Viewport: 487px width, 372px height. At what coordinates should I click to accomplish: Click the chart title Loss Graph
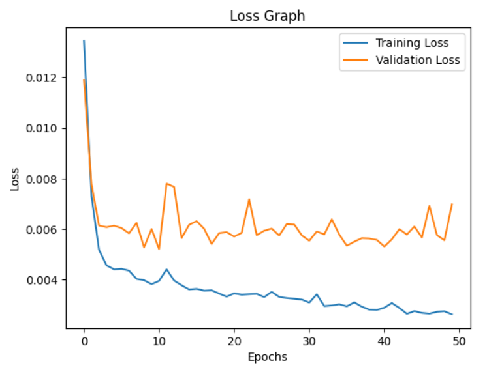tap(268, 16)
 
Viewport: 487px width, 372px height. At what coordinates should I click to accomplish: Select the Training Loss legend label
tap(412, 44)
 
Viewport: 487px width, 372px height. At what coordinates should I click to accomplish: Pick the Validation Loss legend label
tap(418, 61)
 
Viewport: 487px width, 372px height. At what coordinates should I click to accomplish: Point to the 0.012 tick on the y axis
tap(42, 78)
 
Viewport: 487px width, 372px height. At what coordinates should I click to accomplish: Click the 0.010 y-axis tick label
tap(42, 128)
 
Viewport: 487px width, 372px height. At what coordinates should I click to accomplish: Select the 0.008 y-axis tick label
tap(42, 179)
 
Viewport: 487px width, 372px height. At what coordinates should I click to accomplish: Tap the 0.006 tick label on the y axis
tap(42, 229)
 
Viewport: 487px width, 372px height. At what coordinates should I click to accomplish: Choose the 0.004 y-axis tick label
tap(42, 280)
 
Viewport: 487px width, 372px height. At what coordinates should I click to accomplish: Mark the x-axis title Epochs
tap(268, 357)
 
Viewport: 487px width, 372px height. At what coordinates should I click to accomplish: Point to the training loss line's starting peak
tap(84, 41)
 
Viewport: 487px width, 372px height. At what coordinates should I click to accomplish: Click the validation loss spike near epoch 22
tap(249, 199)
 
